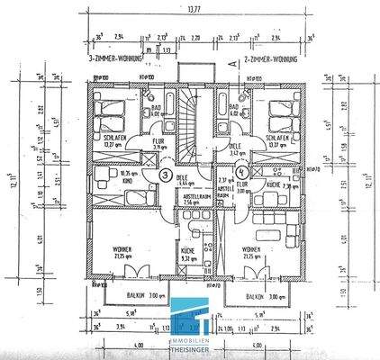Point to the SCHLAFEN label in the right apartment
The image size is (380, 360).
tap(278, 139)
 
